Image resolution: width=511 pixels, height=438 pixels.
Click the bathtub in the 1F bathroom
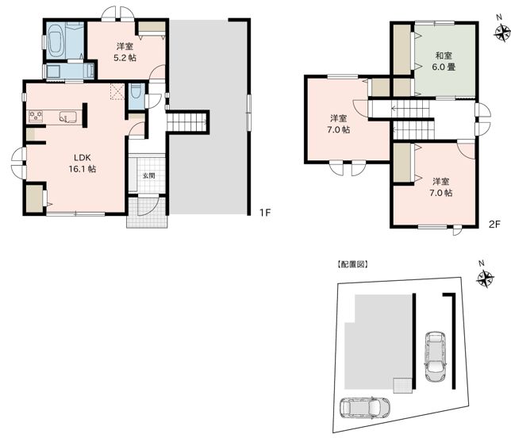pyautogui.click(x=55, y=40)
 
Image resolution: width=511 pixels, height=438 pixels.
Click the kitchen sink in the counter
pyautogui.click(x=67, y=117)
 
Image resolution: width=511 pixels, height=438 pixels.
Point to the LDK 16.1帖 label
pyautogui.click(x=83, y=163)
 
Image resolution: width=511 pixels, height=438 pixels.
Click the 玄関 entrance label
pyautogui.click(x=149, y=176)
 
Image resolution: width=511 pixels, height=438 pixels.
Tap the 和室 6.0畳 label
pyautogui.click(x=444, y=62)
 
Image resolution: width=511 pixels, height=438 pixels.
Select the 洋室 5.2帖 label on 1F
pyautogui.click(x=125, y=52)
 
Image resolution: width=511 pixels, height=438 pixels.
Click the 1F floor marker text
pyautogui.click(x=265, y=213)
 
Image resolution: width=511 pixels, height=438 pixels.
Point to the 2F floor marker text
pyautogui.click(x=494, y=225)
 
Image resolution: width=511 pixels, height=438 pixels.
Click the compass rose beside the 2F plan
pyautogui.click(x=502, y=33)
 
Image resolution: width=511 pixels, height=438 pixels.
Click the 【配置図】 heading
pyautogui.click(x=353, y=264)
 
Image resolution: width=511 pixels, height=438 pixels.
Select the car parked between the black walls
pyautogui.click(x=435, y=356)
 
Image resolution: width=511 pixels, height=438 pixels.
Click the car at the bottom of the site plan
pyautogui.click(x=365, y=407)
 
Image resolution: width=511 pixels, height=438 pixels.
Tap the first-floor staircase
pyautogui.click(x=188, y=122)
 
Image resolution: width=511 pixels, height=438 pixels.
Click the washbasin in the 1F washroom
pyautogui.click(x=53, y=71)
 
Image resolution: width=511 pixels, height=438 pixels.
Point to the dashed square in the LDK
pyautogui.click(x=117, y=91)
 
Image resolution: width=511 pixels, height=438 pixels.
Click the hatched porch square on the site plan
pyautogui.click(x=403, y=385)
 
